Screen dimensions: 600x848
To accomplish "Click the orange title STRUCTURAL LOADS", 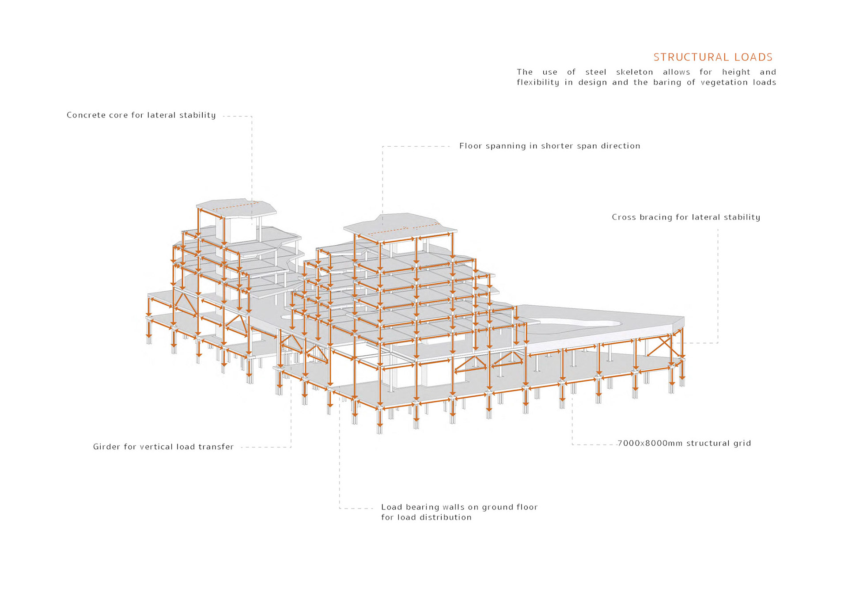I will [713, 57].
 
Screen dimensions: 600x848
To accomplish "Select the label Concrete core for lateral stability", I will [141, 115].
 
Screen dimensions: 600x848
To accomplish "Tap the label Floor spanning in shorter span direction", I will [549, 146].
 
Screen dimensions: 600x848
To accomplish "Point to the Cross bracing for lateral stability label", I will [685, 217].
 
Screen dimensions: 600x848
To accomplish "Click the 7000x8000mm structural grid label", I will [684, 444].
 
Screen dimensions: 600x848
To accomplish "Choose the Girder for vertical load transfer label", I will [163, 447].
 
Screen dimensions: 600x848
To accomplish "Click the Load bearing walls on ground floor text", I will [459, 507].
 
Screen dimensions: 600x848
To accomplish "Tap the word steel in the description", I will [595, 72].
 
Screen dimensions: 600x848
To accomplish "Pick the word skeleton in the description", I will [634, 72].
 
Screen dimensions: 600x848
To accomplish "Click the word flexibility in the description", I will [538, 83].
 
